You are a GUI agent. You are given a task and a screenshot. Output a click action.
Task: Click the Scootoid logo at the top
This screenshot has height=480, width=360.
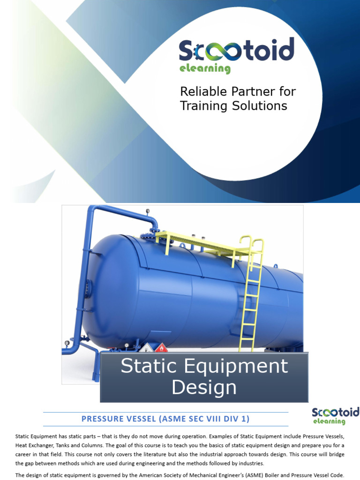[x=236, y=51]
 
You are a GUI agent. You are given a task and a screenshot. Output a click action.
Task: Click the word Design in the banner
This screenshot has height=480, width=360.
[x=204, y=388]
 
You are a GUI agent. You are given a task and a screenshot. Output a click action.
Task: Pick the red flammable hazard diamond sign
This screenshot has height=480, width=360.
[x=161, y=348]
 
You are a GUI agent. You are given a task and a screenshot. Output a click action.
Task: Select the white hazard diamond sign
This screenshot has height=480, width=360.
[x=146, y=348]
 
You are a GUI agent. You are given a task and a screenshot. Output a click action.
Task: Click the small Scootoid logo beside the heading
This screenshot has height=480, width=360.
[x=335, y=415]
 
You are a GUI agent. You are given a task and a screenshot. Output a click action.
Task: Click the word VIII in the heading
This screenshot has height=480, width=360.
[x=217, y=418]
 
